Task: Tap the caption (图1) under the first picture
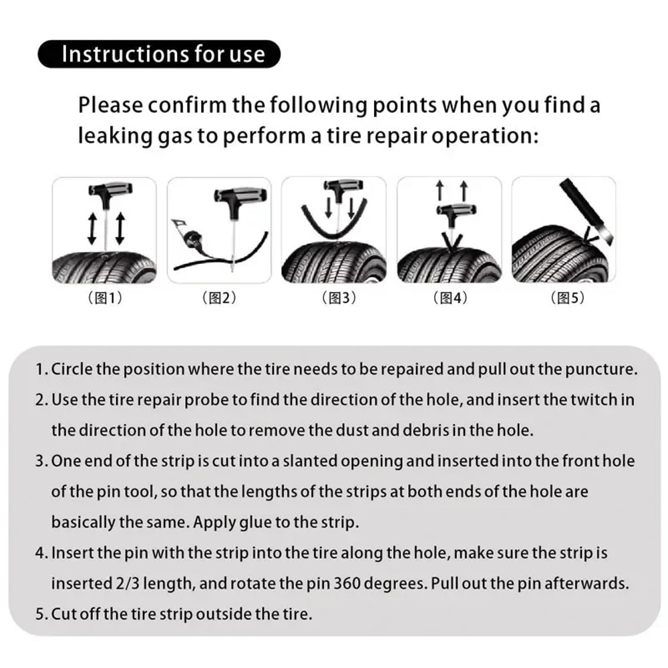105,298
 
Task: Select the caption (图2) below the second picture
219,298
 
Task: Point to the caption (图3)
334,298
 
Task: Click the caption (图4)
450,298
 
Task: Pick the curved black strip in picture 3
307,217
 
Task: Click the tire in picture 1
105,264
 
